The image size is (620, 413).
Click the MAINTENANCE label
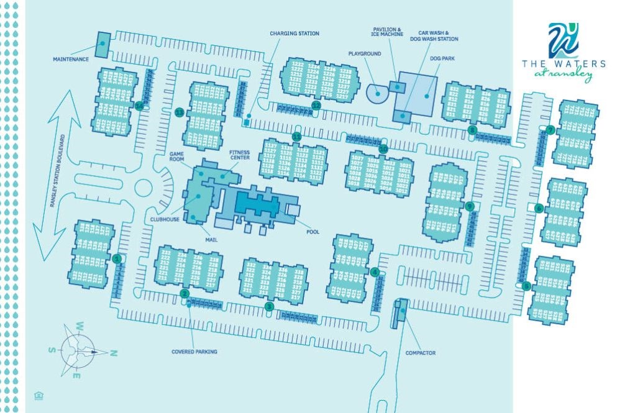pyautogui.click(x=71, y=60)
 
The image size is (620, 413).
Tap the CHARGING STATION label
pyautogui.click(x=294, y=33)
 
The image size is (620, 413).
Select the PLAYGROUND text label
pyautogui.click(x=364, y=54)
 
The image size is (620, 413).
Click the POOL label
pyautogui.click(x=312, y=232)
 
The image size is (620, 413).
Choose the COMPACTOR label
pyautogui.click(x=420, y=353)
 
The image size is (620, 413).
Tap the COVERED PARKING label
pyautogui.click(x=194, y=352)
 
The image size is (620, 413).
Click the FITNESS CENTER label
pyautogui.click(x=239, y=155)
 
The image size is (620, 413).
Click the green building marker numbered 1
pyautogui.click(x=116, y=258)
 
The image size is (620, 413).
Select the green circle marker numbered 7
pyautogui.click(x=550, y=130)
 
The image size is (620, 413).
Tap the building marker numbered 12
pyautogui.click(x=316, y=105)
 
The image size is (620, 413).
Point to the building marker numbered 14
pyautogui.click(x=139, y=106)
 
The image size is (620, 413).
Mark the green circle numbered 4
pyautogui.click(x=375, y=271)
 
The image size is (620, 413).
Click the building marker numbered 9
pyautogui.click(x=469, y=206)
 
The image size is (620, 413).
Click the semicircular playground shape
pyautogui.click(x=376, y=93)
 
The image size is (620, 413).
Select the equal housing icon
pyautogui.click(x=39, y=395)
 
